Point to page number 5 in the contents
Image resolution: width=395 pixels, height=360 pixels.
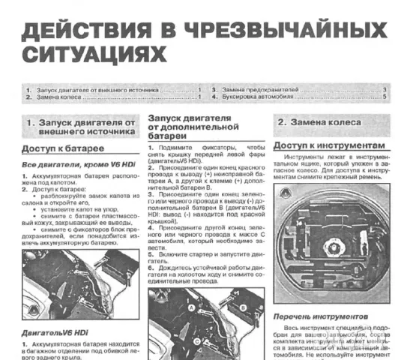[x=385, y=97]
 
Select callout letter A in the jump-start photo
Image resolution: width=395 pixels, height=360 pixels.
[x=172, y=308]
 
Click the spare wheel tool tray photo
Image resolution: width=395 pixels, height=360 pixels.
[x=331, y=240]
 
